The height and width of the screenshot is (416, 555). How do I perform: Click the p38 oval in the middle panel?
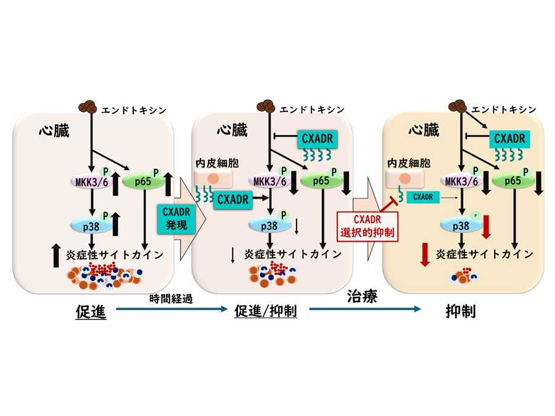click(x=267, y=226)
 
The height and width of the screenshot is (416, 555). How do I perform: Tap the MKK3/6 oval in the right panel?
click(x=461, y=181)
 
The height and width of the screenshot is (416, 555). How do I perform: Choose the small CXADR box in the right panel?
click(x=422, y=197)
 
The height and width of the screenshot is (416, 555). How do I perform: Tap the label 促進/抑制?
click(x=266, y=312)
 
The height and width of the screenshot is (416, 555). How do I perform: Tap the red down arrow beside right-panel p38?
click(x=487, y=226)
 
